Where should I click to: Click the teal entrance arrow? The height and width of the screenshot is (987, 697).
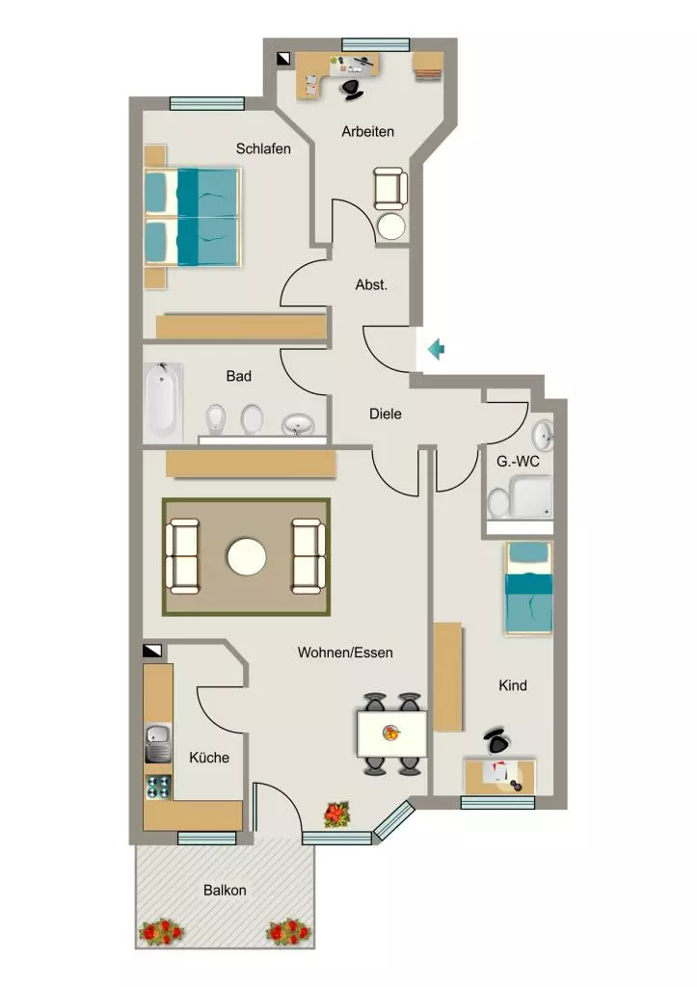coord(436,349)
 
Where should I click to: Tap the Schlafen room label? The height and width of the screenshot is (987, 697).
coord(263,148)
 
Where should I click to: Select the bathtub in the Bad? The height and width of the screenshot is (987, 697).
coord(163,401)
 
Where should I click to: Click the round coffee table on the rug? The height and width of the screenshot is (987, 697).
coord(247,557)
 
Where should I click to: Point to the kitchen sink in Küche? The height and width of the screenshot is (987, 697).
coord(158,742)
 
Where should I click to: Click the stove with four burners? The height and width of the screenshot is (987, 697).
coord(158,787)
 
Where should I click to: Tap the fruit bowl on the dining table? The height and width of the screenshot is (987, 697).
coord(391,733)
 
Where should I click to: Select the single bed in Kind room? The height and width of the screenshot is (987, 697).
coord(529,588)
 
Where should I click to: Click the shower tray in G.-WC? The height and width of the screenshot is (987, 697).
coord(531,496)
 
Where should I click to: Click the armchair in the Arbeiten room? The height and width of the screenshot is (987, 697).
coord(389,188)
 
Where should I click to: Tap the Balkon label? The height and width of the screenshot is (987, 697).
coord(225,890)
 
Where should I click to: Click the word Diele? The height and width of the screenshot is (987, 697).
coord(386,413)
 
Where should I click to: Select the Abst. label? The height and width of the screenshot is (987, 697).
coord(371,284)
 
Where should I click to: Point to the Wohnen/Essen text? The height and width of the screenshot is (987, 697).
coord(345,653)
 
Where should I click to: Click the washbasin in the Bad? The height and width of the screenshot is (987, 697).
coord(298,425)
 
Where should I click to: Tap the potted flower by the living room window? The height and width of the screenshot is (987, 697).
coord(336,814)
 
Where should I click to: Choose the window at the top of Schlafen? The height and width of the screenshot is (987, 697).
coord(207,104)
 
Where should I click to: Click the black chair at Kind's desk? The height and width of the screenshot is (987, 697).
coord(496,740)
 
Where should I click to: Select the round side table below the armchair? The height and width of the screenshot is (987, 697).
coord(390,226)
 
